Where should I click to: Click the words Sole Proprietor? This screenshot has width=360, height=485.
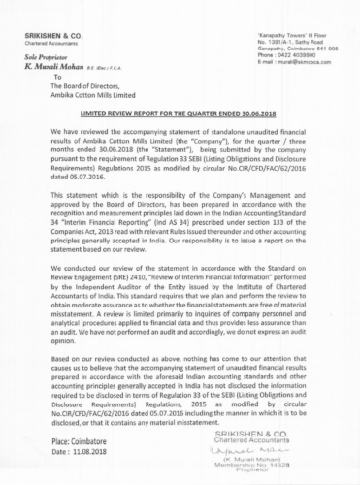click(x=40, y=58)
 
